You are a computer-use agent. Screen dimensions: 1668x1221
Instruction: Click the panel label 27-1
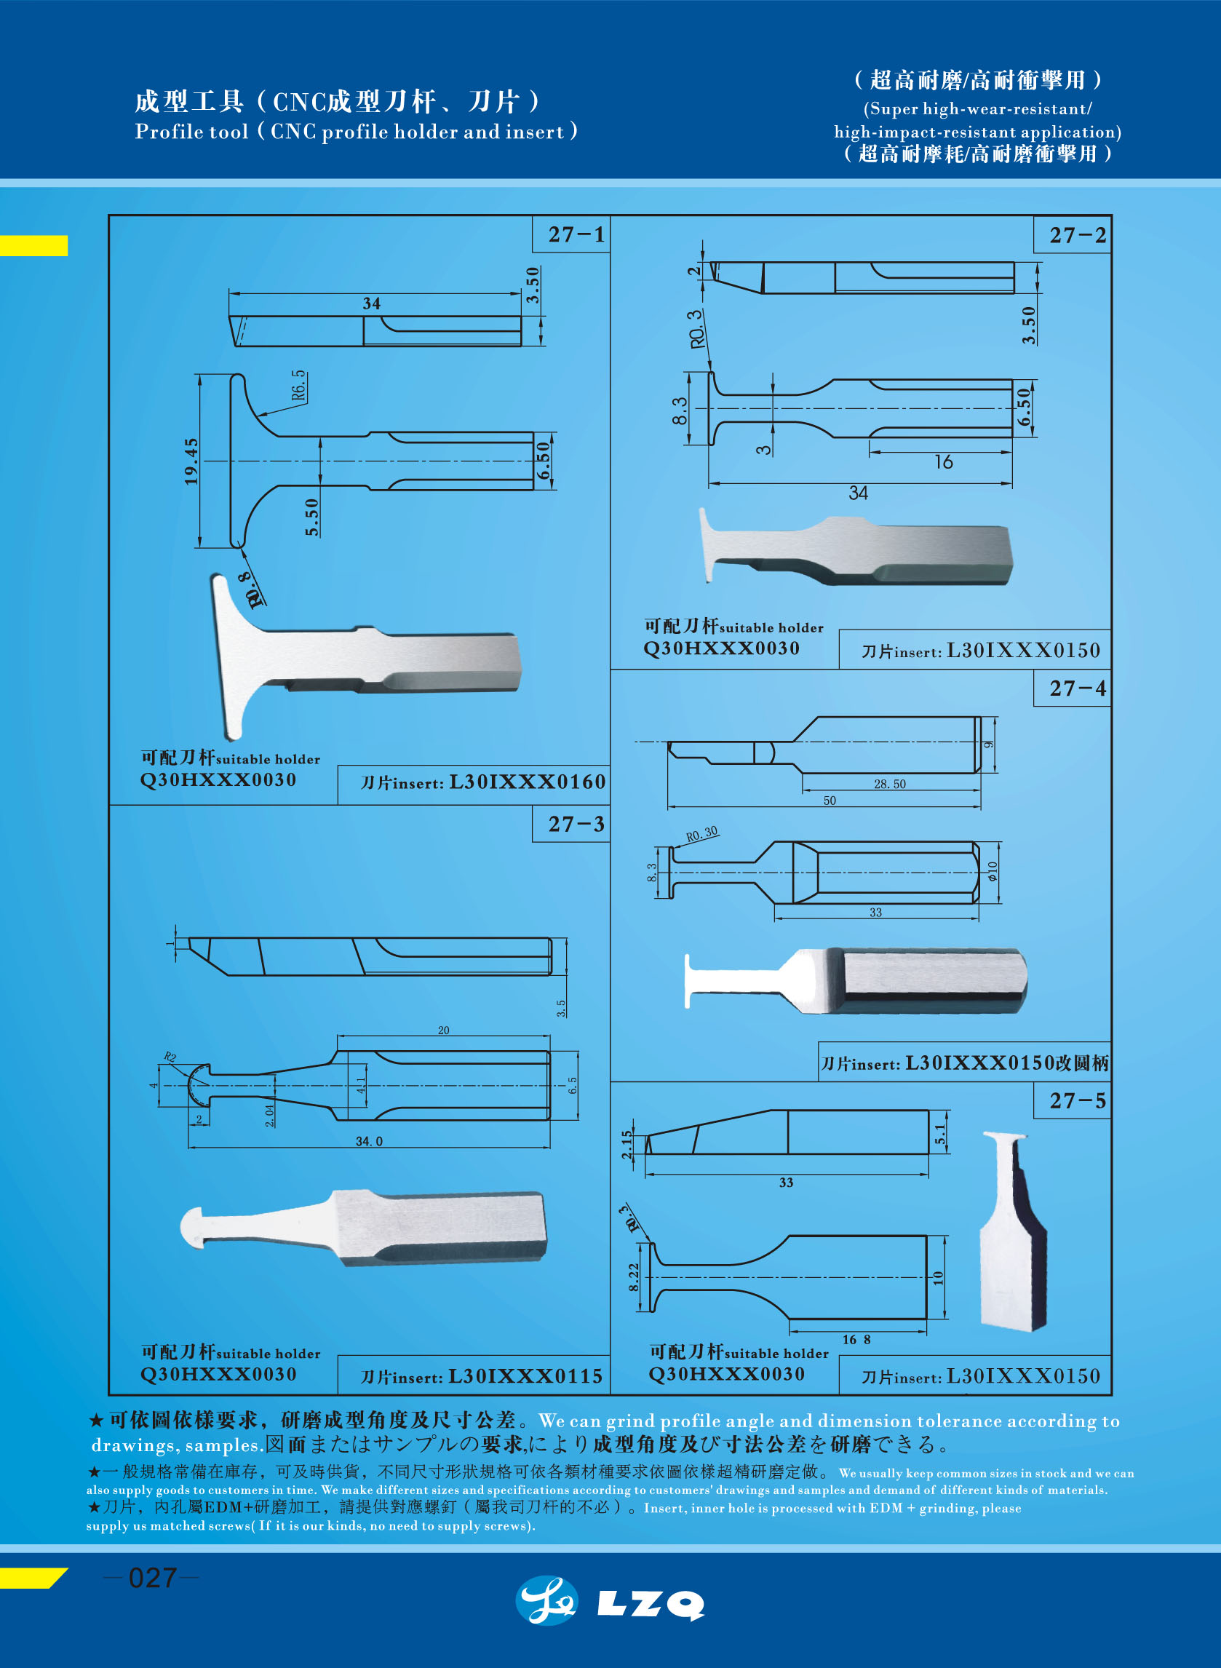pos(576,235)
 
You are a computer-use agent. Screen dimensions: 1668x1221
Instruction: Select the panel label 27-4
pos(1078,688)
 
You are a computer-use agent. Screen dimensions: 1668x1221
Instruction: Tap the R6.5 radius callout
pos(298,386)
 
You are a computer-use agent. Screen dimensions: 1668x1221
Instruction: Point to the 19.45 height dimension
pos(191,461)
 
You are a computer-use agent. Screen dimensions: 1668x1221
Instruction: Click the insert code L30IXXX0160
pos(527,782)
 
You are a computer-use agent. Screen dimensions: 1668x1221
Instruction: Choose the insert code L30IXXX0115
pos(525,1376)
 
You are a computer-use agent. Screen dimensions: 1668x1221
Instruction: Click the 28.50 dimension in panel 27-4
pos(889,784)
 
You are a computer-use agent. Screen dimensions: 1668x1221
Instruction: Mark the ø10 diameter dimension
pos(992,871)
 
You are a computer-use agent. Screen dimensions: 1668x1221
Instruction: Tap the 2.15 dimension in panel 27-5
pos(627,1144)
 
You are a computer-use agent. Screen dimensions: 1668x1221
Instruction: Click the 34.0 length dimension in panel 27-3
pos(369,1141)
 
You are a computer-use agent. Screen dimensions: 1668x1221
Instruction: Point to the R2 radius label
pos(170,1057)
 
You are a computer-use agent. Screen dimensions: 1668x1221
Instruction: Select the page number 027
pos(151,1578)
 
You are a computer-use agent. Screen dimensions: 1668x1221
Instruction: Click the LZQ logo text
pos(651,1603)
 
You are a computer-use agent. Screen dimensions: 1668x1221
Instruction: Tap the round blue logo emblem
pos(547,1601)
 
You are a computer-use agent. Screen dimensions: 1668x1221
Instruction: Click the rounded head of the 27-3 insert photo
pos(194,1228)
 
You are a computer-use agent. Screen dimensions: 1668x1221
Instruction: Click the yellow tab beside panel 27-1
pos(33,245)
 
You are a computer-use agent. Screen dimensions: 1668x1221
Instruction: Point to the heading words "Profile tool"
pos(191,132)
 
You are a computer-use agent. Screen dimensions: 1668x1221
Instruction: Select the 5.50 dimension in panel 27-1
pos(312,517)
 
